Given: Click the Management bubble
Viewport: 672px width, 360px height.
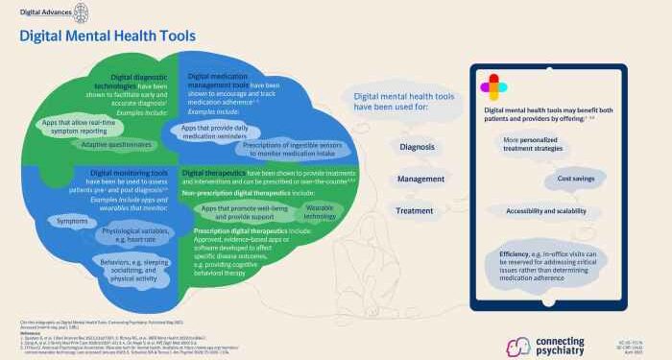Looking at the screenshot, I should tap(420, 179).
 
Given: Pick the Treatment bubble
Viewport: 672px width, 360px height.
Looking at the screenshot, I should tap(416, 210).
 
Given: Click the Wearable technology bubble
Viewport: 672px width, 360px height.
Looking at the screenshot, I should tap(321, 211).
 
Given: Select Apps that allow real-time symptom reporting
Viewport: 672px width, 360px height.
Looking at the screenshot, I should tap(96, 126).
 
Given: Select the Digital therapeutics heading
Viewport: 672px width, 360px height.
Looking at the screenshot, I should tap(218, 169).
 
